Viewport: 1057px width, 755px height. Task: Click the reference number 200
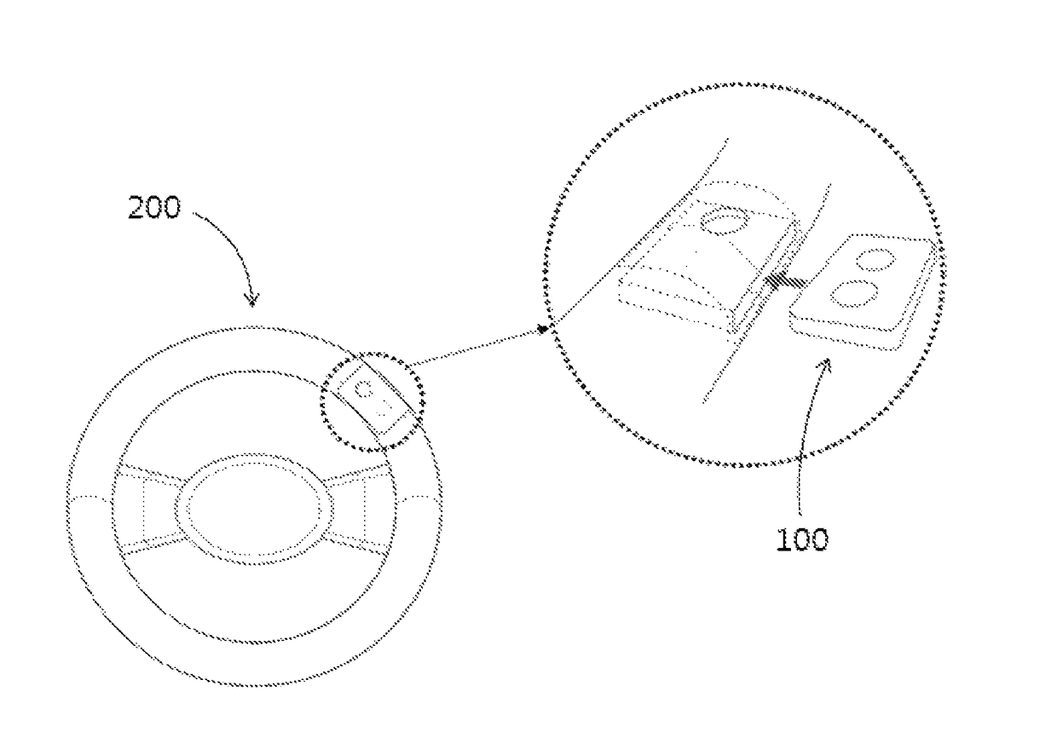coord(154,208)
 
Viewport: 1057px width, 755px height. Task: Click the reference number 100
coord(801,540)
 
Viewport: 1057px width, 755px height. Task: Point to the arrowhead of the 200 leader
coord(251,299)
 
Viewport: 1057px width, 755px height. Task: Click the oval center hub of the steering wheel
coord(256,509)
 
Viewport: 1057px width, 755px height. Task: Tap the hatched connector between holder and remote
coord(780,280)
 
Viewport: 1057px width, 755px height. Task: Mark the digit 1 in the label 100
coord(782,540)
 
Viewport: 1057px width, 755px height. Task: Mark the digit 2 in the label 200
coord(136,208)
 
